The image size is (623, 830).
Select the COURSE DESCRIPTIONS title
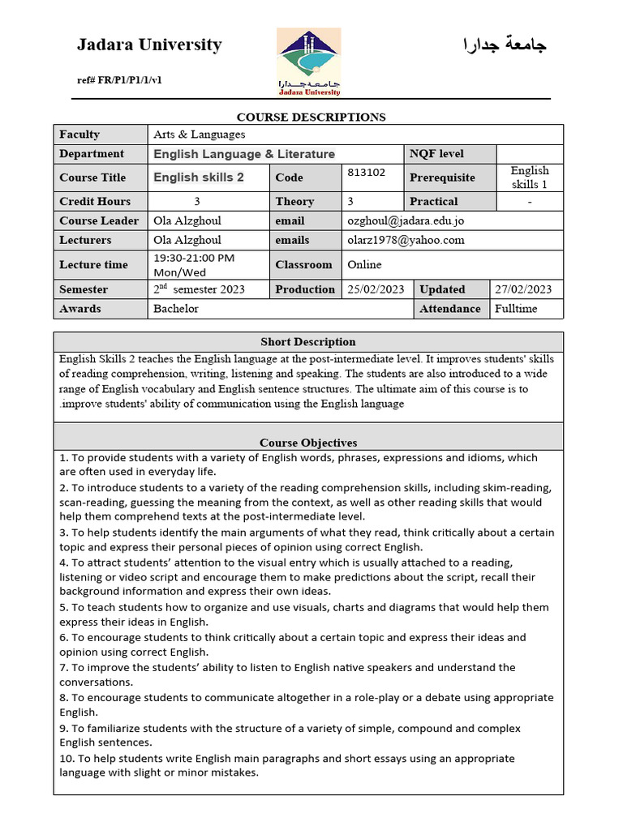click(x=311, y=117)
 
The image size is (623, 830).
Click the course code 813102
click(x=367, y=172)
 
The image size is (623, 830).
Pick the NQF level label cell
click(x=437, y=153)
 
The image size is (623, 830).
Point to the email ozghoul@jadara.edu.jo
click(x=406, y=220)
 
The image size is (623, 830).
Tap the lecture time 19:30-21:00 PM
click(x=194, y=258)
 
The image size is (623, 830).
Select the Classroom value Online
click(x=364, y=264)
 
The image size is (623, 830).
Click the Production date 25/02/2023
click(x=376, y=289)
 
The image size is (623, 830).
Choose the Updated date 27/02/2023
click(x=523, y=289)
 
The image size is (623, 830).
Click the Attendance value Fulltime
click(x=516, y=309)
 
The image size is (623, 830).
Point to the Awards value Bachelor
click(x=176, y=309)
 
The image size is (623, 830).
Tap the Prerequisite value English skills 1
click(x=530, y=178)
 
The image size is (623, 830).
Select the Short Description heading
click(x=308, y=342)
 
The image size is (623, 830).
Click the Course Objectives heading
click(x=308, y=443)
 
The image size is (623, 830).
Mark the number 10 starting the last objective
click(x=66, y=759)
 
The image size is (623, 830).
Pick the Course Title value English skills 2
click(x=199, y=178)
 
